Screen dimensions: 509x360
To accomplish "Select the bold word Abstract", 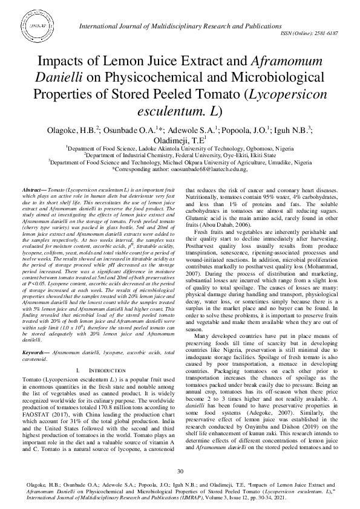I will tap(34, 190).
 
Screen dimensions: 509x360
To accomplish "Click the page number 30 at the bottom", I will tap(180, 471).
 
